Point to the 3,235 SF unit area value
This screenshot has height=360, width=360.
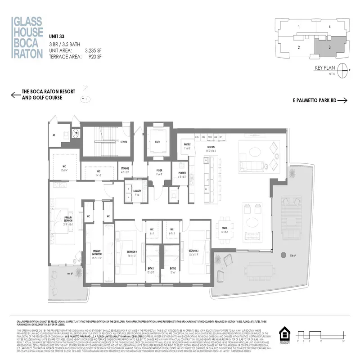coord(99,51)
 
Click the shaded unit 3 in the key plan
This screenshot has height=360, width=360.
coord(329,46)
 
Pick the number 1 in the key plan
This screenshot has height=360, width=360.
coord(299,27)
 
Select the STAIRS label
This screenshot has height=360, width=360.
coord(123,141)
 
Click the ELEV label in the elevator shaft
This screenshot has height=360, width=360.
coord(157,141)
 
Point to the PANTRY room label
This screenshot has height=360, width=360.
coord(187,145)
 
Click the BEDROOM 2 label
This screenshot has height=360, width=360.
coord(194,251)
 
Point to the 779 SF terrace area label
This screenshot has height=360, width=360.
coord(287,255)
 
